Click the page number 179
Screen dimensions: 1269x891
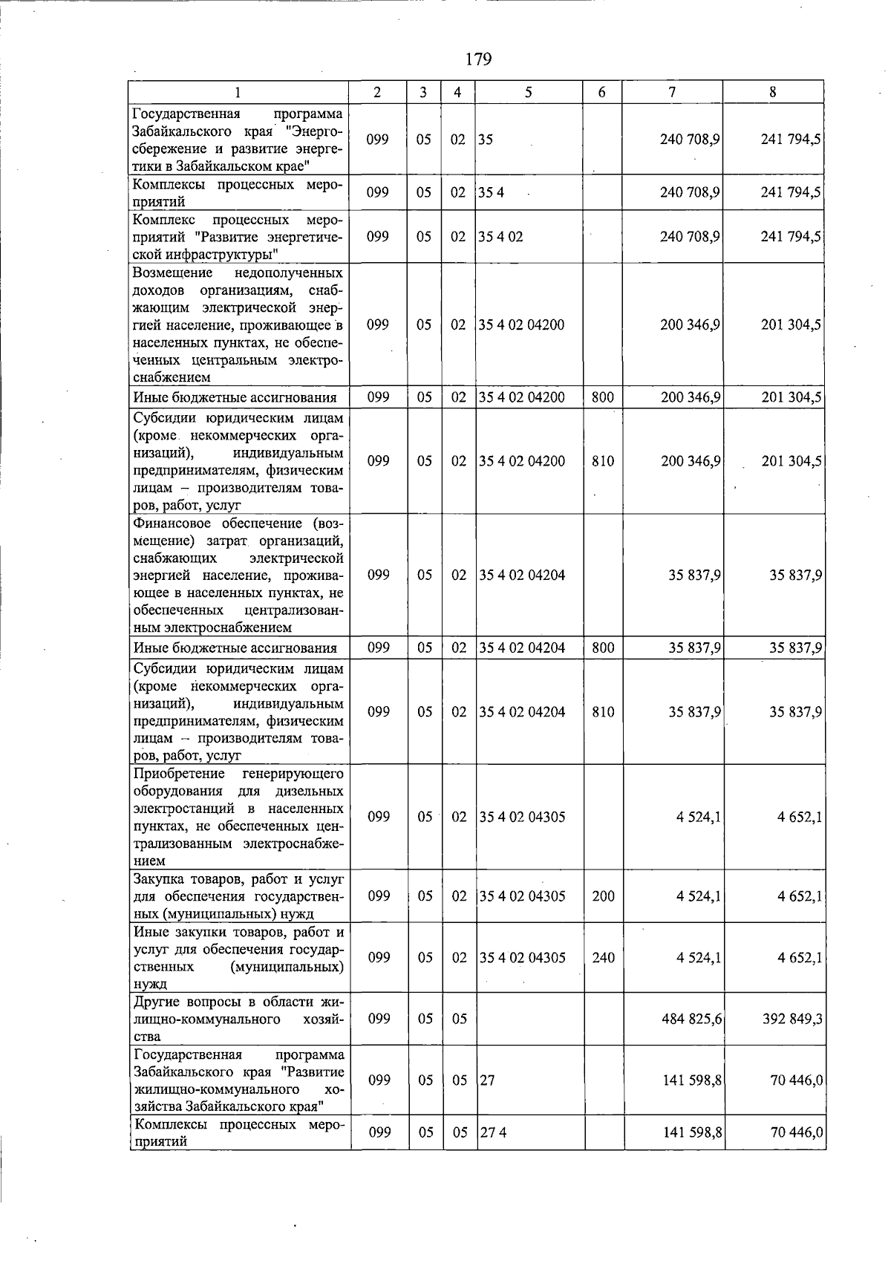(x=479, y=59)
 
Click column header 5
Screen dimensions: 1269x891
(x=528, y=93)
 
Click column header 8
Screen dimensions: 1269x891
(x=773, y=93)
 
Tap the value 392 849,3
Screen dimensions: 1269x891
(x=792, y=1019)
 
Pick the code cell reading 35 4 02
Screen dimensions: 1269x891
(x=500, y=237)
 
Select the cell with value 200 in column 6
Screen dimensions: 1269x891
(x=603, y=896)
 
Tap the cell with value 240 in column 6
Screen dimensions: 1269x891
(x=603, y=958)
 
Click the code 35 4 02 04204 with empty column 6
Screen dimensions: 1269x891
(x=522, y=575)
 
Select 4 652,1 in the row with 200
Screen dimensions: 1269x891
(x=800, y=896)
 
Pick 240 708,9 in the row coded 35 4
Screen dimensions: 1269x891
(x=691, y=193)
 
